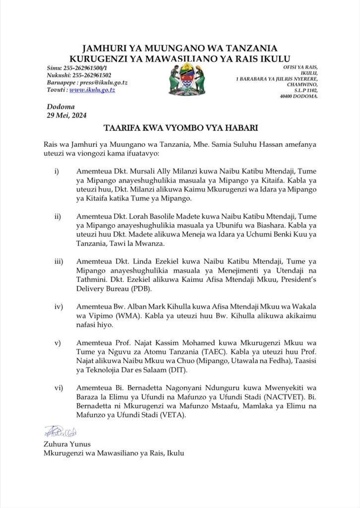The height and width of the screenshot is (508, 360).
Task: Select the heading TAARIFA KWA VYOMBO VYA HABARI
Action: pyautogui.click(x=180, y=128)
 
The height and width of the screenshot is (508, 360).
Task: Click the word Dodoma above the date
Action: pyautogui.click(x=60, y=107)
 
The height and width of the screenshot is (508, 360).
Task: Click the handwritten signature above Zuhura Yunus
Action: pyautogui.click(x=59, y=432)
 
